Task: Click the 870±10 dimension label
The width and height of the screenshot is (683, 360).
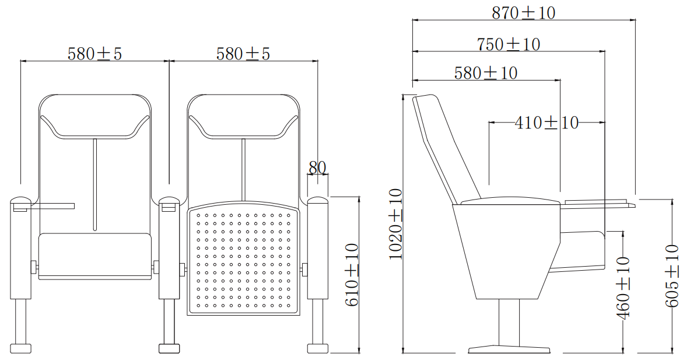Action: point(524,13)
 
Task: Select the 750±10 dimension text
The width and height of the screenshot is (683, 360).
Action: point(509,44)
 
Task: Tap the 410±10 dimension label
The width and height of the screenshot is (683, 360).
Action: point(547,123)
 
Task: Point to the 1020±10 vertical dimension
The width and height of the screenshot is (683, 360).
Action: point(395,224)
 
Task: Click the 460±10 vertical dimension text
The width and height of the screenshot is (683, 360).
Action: point(623,288)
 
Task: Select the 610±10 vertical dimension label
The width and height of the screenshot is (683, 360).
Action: point(352,275)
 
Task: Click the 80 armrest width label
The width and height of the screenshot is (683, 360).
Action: point(317,167)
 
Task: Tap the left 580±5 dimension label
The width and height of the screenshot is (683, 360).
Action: point(94,53)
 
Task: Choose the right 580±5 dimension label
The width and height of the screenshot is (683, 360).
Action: point(243,53)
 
